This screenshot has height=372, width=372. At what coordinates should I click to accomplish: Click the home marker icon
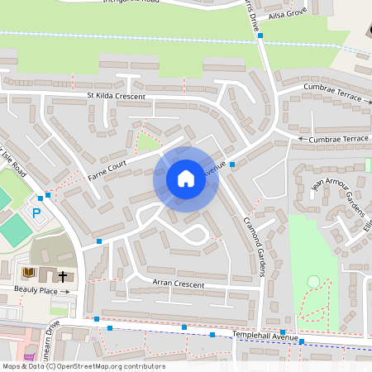[186, 178]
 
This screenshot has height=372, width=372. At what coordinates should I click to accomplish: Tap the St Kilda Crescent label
[117, 97]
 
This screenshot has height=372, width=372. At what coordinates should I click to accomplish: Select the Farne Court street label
[107, 169]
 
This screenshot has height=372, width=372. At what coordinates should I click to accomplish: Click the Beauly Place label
[35, 291]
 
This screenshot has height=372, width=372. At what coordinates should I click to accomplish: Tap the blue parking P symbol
[36, 213]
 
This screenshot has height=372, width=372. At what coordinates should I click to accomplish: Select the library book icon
[29, 272]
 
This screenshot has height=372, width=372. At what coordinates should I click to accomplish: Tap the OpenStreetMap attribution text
[83, 366]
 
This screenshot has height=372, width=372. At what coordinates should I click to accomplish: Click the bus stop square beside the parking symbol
[48, 196]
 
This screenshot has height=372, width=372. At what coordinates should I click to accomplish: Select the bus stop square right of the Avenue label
[232, 165]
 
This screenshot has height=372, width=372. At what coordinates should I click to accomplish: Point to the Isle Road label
[14, 165]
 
